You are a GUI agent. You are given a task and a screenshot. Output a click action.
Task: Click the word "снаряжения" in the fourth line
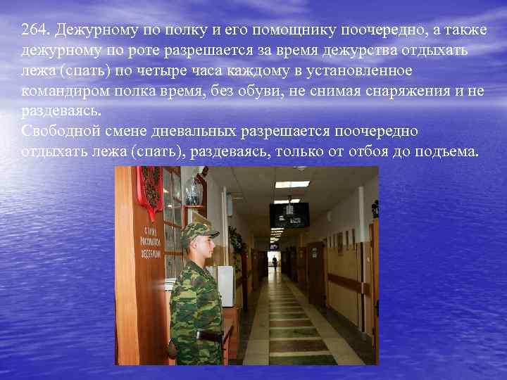(399, 92)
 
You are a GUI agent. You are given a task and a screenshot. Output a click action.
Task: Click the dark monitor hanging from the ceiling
(289, 215)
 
